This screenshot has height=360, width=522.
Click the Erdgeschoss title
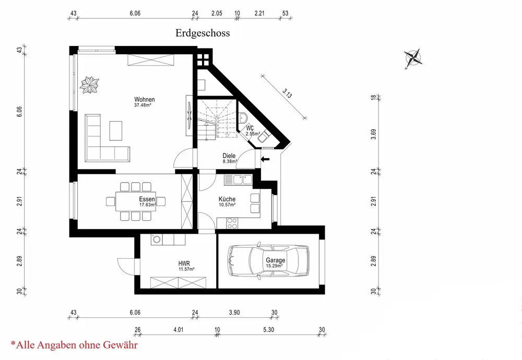click(203, 33)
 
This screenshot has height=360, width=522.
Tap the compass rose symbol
click(413, 58)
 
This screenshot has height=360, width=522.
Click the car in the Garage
click(267, 261)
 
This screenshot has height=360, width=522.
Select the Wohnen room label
click(145, 100)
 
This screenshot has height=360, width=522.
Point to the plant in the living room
click(89, 85)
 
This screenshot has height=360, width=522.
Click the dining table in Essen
click(136, 201)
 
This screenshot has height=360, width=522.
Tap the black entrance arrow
click(265, 159)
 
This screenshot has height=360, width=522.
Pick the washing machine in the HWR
click(156, 239)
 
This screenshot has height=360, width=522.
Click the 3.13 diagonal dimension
click(287, 93)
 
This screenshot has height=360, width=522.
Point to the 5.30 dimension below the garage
click(269, 330)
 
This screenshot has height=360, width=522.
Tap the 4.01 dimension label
click(179, 330)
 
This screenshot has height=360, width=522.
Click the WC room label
click(250, 128)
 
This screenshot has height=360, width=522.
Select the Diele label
click(229, 155)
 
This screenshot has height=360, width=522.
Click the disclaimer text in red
click(74, 345)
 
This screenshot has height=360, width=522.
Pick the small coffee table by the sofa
click(116, 130)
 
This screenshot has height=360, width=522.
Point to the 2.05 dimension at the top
click(217, 14)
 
